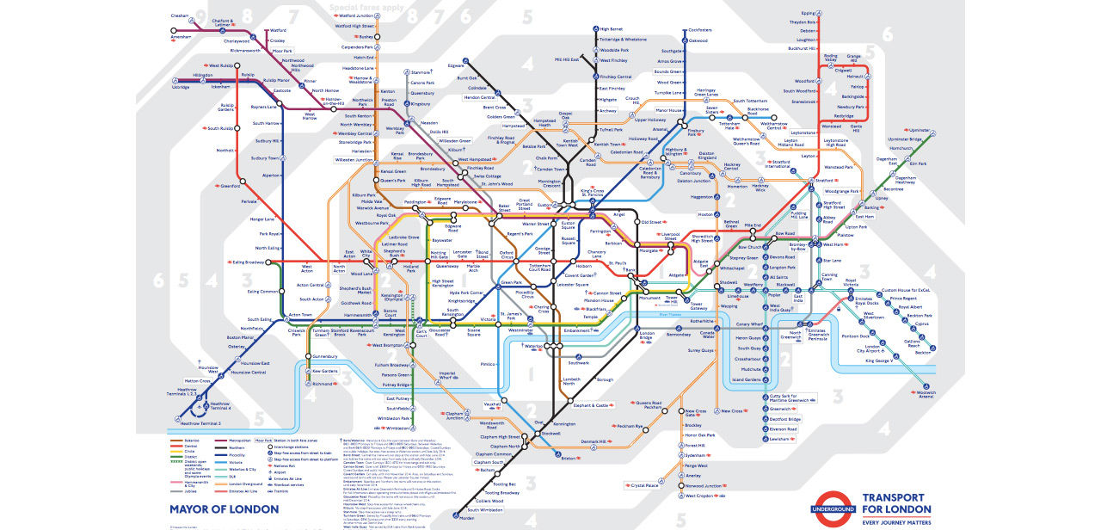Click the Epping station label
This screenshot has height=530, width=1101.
pyautogui.click(x=808, y=14)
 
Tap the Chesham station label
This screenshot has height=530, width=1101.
pyautogui.click(x=180, y=15)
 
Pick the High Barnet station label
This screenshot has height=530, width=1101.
pyautogui.click(x=611, y=29)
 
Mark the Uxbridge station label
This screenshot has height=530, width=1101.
pyautogui.click(x=181, y=87)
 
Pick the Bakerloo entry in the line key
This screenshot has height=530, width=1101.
pyautogui.click(x=191, y=440)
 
